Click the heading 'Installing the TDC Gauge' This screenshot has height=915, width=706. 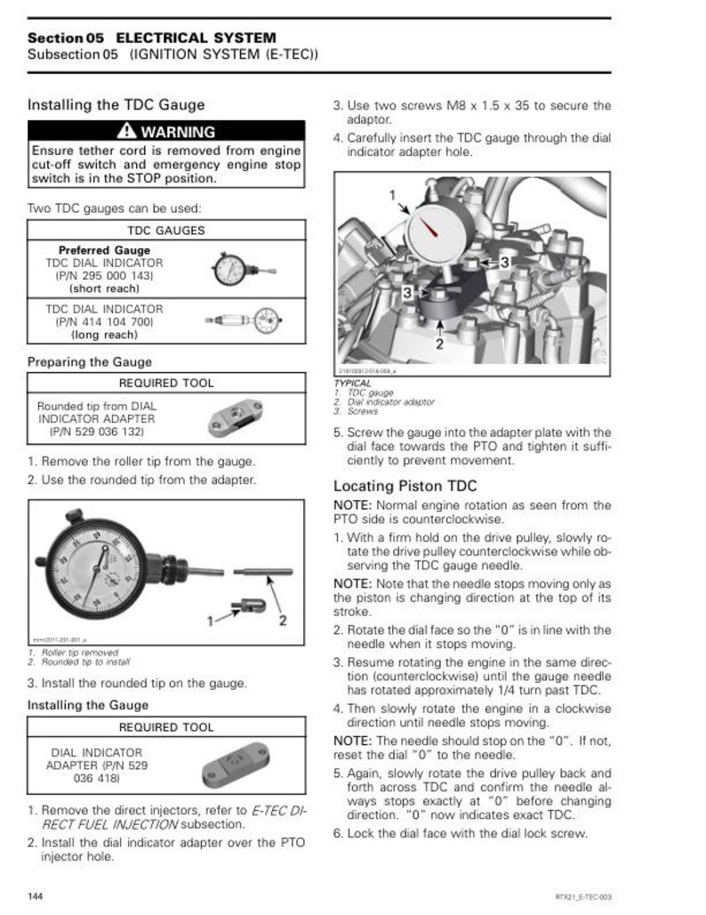(x=116, y=105)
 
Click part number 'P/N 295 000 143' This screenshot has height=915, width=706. (x=104, y=277)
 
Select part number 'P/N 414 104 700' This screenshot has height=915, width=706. (x=104, y=322)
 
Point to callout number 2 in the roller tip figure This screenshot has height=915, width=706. (x=282, y=620)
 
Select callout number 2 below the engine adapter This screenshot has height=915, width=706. (x=438, y=344)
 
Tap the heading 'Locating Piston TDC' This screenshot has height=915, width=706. (x=405, y=486)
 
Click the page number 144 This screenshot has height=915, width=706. (x=36, y=894)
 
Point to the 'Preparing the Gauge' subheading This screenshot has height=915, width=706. (x=89, y=362)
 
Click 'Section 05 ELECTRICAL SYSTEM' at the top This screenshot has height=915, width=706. (x=151, y=38)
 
